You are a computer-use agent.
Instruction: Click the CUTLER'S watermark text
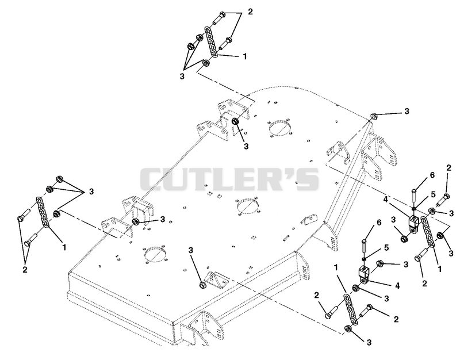click(229, 179)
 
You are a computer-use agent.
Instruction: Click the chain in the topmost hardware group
click(211, 42)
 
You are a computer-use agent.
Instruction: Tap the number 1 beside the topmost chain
click(245, 56)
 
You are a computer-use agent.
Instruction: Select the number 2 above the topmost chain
click(250, 12)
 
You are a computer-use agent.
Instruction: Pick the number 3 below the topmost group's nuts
click(182, 76)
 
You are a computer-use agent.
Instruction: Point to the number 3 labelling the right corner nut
click(407, 111)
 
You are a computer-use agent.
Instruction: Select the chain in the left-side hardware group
click(43, 212)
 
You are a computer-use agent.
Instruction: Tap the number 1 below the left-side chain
click(64, 247)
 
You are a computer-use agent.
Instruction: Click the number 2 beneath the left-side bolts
click(25, 269)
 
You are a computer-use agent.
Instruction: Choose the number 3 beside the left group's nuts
click(91, 192)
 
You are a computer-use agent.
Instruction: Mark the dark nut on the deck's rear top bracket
click(235, 121)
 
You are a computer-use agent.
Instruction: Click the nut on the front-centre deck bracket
click(202, 285)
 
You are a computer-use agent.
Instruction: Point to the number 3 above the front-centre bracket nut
click(191, 250)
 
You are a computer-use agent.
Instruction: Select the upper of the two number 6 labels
click(432, 175)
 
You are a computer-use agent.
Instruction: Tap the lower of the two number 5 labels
click(386, 248)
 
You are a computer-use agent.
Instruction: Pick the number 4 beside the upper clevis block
click(385, 200)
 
